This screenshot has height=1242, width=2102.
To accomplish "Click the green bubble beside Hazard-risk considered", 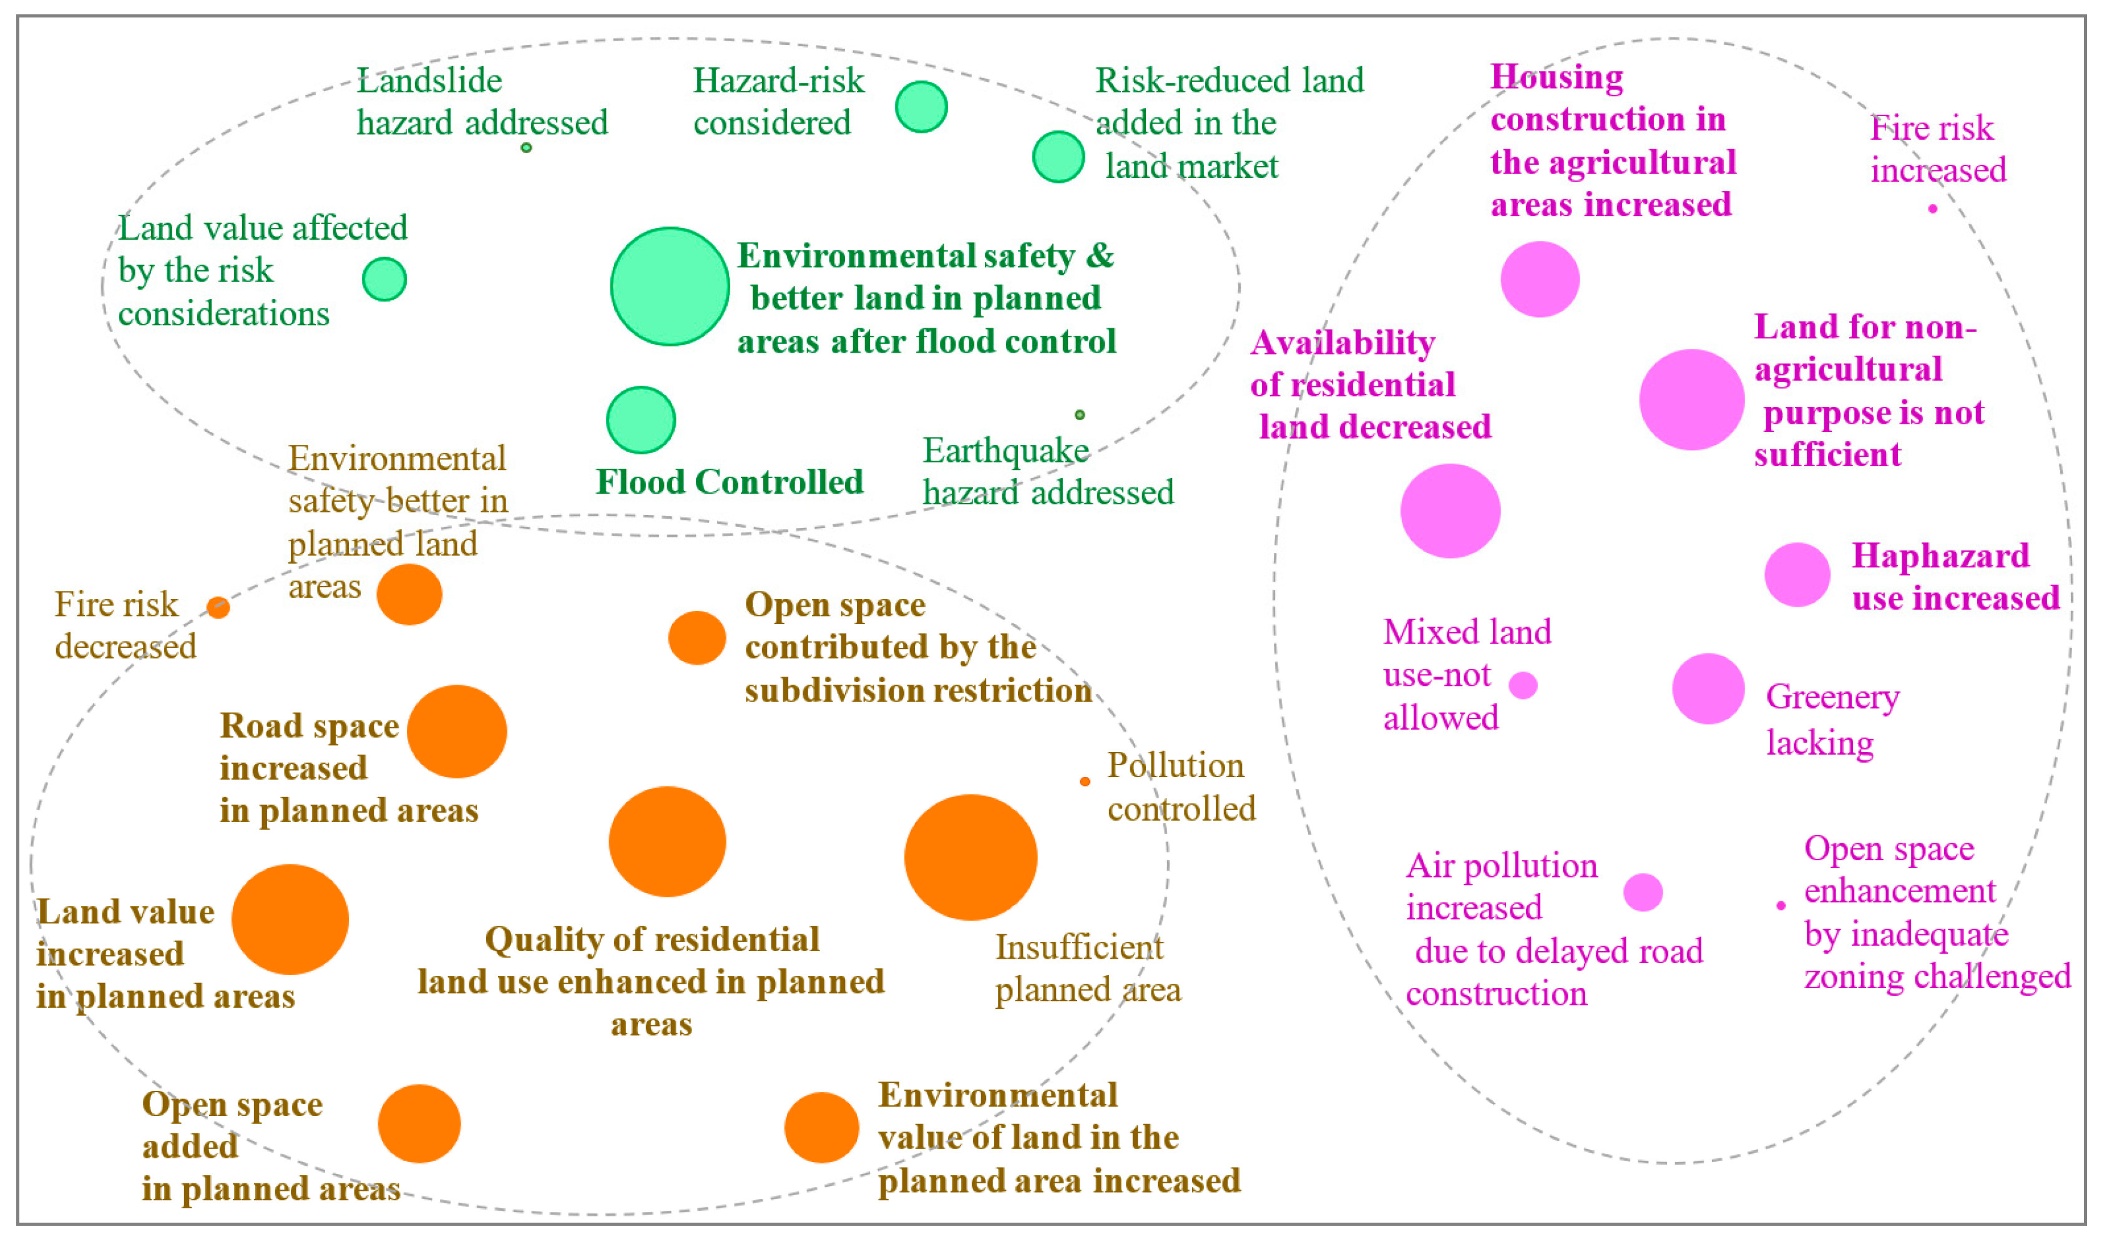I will (921, 107).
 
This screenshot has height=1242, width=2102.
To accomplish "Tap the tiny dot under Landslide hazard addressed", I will (525, 148).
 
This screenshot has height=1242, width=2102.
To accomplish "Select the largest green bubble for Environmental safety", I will (670, 287).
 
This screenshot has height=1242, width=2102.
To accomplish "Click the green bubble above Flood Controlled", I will (640, 420).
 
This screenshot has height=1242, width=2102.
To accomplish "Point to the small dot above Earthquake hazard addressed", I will (1080, 414).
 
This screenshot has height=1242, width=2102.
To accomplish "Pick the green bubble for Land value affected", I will (384, 279).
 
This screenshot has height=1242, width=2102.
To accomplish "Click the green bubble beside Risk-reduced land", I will (1058, 157).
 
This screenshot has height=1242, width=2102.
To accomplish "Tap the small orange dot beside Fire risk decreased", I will (218, 608).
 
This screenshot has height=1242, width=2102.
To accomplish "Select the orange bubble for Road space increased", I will (457, 731).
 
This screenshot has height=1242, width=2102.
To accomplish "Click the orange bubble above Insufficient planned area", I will (970, 858).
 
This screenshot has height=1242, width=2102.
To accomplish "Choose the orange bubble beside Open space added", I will (419, 1124).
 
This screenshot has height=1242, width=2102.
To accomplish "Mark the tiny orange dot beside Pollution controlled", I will (1085, 781).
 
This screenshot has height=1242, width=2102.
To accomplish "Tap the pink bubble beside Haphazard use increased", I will (1797, 575).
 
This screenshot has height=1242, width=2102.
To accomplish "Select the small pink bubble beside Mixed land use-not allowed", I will (1523, 685).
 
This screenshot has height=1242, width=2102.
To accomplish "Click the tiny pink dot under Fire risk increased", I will (1932, 208).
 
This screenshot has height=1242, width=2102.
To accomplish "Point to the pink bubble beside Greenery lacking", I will (1708, 689).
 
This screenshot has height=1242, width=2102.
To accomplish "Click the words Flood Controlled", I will (729, 482).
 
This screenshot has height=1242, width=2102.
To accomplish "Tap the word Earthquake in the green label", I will (1005, 451).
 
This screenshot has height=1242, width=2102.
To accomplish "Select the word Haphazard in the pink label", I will (1940, 555).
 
